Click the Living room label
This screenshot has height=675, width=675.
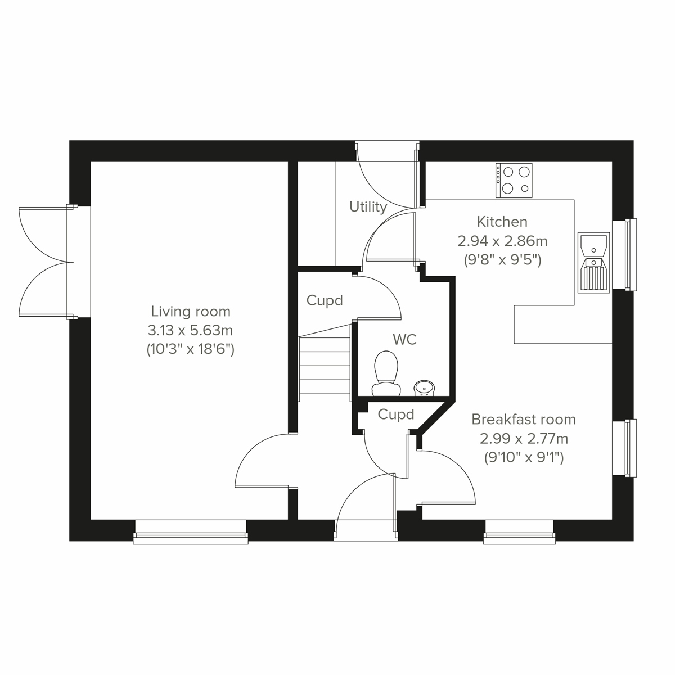point(190,311)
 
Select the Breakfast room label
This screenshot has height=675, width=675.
point(523,419)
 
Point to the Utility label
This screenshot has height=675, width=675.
point(368,206)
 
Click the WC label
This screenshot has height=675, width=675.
point(404,340)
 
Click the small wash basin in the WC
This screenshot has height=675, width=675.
point(424,387)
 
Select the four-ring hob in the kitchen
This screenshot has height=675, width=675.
point(514,180)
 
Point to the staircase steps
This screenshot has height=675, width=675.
point(325,366)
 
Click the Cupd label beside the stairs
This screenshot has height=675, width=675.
point(325,300)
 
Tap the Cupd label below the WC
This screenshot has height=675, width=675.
point(396,415)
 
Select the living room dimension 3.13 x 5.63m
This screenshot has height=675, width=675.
point(190,330)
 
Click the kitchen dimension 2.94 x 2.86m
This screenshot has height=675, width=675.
point(502,241)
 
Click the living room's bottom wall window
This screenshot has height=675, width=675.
point(191,532)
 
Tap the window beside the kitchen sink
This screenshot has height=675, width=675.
point(625,254)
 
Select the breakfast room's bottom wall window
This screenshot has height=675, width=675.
point(519,532)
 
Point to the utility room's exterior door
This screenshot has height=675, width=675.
point(387,174)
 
